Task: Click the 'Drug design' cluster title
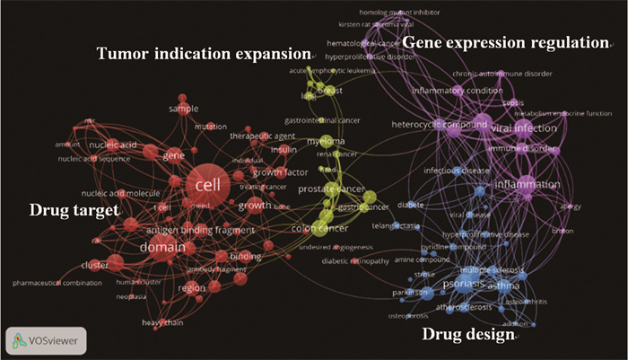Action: tap(467, 335)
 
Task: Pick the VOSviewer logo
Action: tap(45, 340)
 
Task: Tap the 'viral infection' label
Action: tap(524, 128)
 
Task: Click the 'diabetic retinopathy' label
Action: tap(357, 261)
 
